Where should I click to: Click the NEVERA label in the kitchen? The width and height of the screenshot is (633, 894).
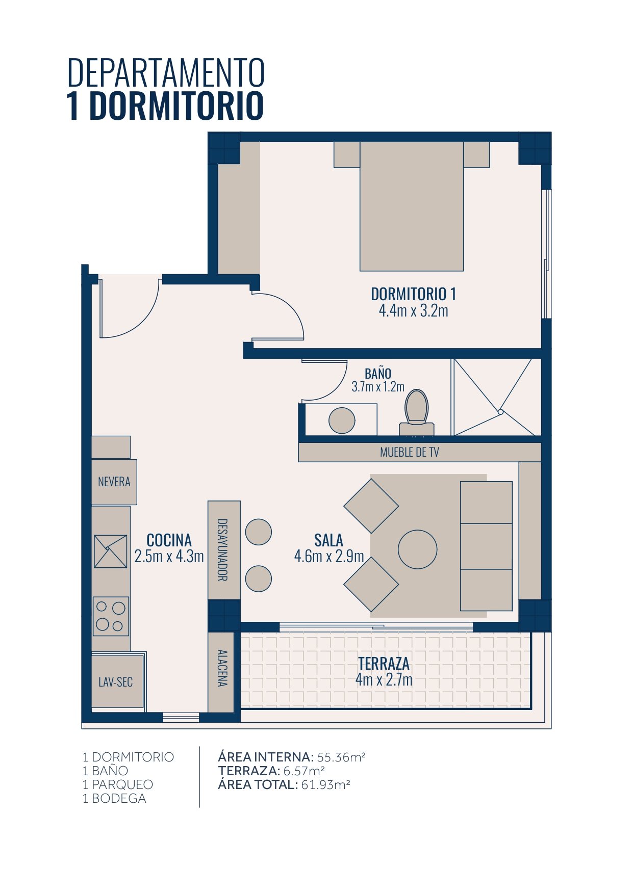(x=114, y=482)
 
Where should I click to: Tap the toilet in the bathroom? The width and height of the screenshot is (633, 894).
(x=417, y=412)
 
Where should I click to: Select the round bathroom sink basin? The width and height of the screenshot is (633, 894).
(x=342, y=420)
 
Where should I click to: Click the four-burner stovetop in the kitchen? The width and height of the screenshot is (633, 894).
(x=111, y=616)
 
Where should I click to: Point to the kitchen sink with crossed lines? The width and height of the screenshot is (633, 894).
(x=110, y=551)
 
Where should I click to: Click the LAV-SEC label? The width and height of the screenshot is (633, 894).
(x=115, y=681)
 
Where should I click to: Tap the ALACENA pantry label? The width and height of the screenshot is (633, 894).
(x=222, y=668)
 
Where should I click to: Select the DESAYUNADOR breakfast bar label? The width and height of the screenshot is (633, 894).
(x=222, y=550)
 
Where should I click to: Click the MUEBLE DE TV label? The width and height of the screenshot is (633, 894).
(x=409, y=452)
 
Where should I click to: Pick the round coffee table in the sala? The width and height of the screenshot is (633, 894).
(x=417, y=549)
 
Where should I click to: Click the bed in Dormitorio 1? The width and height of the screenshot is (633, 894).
(x=412, y=206)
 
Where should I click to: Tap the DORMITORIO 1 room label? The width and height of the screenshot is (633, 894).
(x=413, y=294)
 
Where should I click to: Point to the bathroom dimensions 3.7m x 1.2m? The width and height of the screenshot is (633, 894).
(x=377, y=386)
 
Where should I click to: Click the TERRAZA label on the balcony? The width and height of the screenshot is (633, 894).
(x=384, y=663)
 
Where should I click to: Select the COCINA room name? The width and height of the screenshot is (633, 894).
(x=169, y=540)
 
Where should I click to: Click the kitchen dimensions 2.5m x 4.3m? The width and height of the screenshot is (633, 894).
(x=169, y=556)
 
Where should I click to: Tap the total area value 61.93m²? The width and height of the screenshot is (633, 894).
(x=325, y=784)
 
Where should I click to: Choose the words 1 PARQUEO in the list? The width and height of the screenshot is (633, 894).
(x=118, y=784)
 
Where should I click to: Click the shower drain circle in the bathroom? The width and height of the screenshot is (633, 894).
(x=500, y=412)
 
